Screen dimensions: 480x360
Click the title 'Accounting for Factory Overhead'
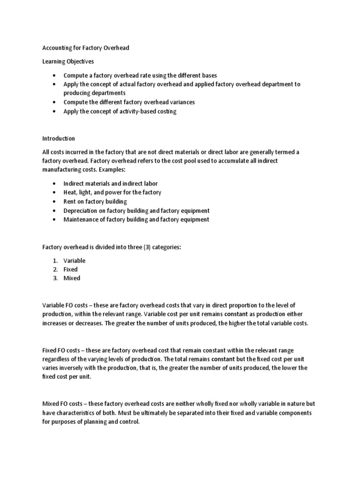tap(86, 48)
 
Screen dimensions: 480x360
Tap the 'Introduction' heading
tap(59, 139)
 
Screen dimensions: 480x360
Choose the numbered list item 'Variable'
tap(75, 260)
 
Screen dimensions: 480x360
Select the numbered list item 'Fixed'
tap(71, 269)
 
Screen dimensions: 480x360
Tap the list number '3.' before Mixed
tap(56, 278)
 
